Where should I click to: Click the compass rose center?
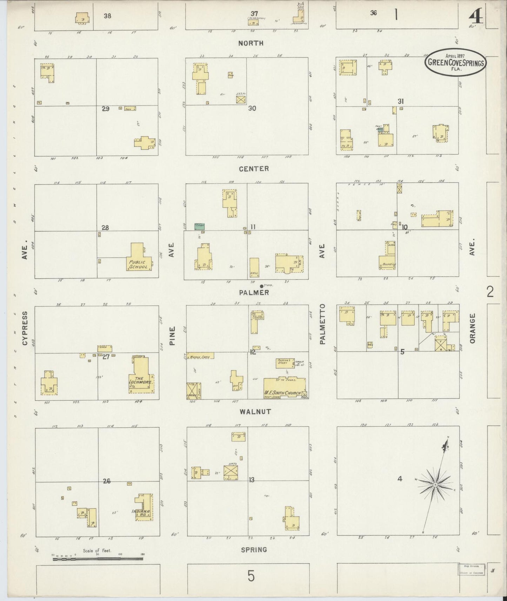tap(435, 485)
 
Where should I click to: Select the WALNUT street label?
tap(255, 411)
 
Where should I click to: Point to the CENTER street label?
tap(254, 169)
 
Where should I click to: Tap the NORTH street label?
tap(251, 43)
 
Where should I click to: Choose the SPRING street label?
tap(254, 550)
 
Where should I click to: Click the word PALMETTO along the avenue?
tap(322, 324)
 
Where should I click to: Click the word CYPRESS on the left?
tap(25, 328)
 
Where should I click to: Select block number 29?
tap(106, 109)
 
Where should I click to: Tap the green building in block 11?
tap(199, 227)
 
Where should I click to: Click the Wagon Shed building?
tap(200, 356)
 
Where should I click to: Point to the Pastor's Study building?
tap(285, 363)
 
